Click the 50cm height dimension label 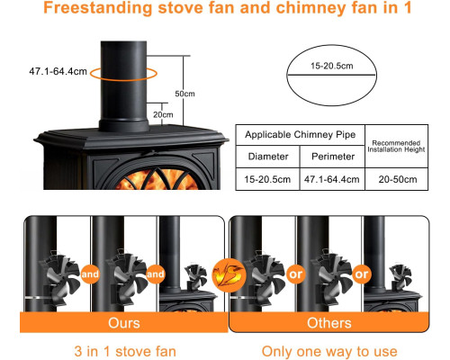coord(184,94)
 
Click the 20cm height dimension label coord(163,114)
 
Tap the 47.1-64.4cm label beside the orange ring coord(58,71)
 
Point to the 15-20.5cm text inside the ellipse coord(331,66)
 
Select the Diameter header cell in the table coord(268,157)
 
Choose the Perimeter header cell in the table coord(333,157)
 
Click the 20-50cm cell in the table coord(397,179)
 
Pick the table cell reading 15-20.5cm coord(267,179)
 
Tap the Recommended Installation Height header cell coord(397,147)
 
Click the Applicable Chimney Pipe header coord(301,135)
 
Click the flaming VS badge coord(229,275)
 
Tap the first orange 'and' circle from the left coord(90,274)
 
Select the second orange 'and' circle coord(156,274)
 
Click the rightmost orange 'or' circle coord(361,274)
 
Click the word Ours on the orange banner coord(124,323)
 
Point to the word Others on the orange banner coord(328,323)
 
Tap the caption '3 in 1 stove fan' coord(125,351)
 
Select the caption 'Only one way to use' coord(329,351)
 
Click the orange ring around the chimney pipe coord(123,80)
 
